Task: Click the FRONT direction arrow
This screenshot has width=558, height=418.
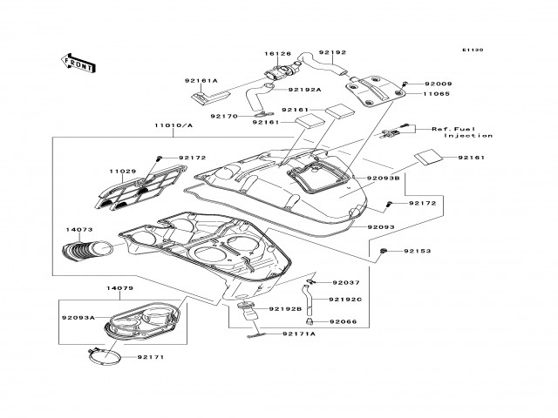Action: (x=78, y=64)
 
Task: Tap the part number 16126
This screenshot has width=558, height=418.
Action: (x=277, y=54)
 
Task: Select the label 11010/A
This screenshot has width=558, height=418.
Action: (x=174, y=125)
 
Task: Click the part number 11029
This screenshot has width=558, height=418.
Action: (x=123, y=172)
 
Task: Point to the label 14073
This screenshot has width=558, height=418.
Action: (x=79, y=230)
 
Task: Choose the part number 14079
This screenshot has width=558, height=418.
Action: (x=120, y=288)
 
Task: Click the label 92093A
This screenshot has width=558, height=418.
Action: (x=78, y=317)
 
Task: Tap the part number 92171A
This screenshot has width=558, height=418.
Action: (x=299, y=334)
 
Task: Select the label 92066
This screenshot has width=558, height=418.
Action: (x=343, y=321)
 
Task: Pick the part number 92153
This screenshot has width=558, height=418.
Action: (x=418, y=251)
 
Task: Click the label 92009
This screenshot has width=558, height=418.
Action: (x=439, y=84)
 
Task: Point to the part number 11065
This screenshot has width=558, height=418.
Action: (x=437, y=94)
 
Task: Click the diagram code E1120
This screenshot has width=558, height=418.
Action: (x=473, y=51)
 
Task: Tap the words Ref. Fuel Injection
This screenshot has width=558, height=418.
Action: (x=462, y=132)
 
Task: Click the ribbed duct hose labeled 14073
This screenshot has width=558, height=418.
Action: (x=87, y=249)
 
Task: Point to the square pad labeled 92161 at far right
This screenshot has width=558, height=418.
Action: (x=429, y=157)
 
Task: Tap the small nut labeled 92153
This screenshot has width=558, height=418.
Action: (x=383, y=251)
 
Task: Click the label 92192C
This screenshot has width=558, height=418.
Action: (x=345, y=300)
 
